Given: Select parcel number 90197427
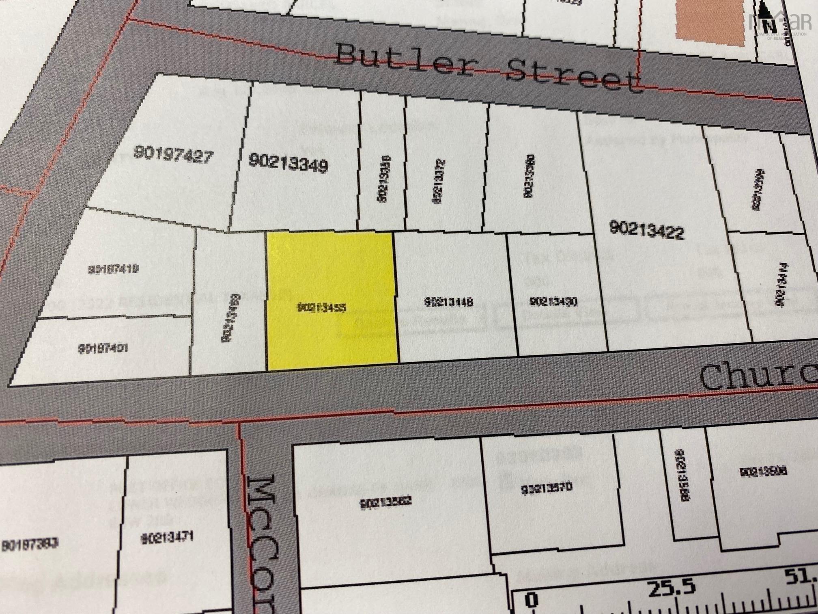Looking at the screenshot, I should pos(173,155).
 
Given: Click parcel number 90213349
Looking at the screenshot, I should pos(288,162).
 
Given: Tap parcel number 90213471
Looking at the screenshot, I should pos(167,538).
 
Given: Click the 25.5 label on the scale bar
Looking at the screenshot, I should pos(672,588).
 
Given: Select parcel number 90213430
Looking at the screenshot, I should pos(553,302).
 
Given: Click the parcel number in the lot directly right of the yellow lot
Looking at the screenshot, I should pos(449,302).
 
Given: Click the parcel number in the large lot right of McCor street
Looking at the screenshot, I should pos(386,503).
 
